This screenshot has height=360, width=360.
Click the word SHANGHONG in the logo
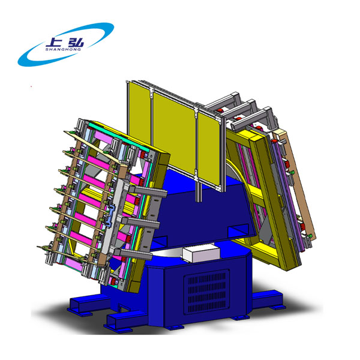[63, 49]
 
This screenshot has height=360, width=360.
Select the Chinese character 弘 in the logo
[76, 42]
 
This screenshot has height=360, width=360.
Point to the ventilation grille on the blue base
[206, 291]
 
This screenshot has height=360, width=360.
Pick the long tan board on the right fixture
[295, 184]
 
